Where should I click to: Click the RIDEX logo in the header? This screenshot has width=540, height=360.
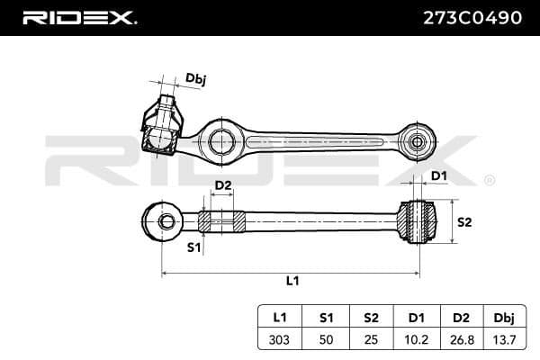(78, 17)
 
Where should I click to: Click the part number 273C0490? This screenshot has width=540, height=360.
(472, 17)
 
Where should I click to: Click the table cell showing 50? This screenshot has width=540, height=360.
(327, 341)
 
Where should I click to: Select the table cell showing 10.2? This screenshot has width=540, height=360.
(416, 341)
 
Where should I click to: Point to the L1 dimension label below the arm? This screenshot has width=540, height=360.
(292, 280)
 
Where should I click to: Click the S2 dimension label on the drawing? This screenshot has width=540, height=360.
(465, 220)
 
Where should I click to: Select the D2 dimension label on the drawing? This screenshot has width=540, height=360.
(222, 186)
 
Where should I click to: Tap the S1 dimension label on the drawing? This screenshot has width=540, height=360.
(193, 246)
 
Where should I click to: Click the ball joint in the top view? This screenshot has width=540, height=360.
(159, 134)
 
